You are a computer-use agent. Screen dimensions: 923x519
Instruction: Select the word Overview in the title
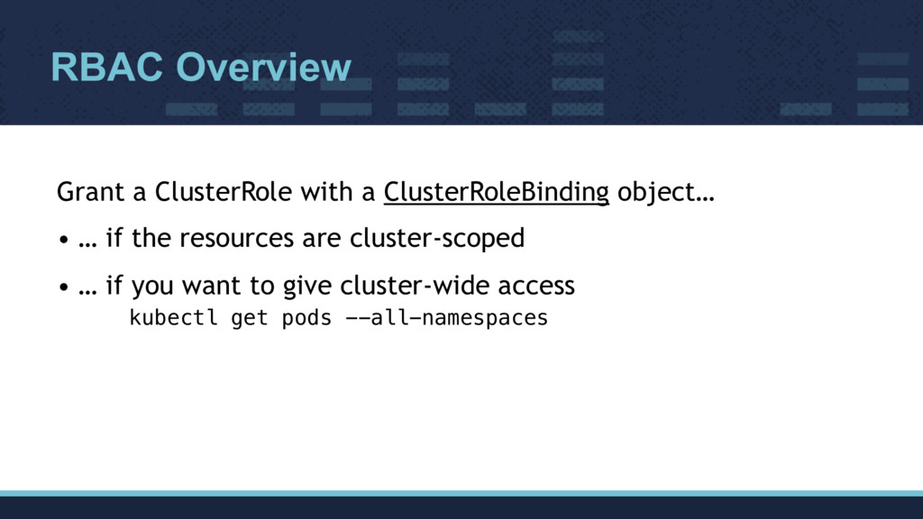point(263,68)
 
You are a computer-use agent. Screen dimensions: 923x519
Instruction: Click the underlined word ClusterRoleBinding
point(496,193)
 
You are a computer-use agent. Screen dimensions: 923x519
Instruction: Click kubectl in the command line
point(174,318)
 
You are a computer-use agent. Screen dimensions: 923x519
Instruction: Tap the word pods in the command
point(307,318)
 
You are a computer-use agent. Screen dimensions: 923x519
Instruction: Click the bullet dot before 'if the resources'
point(62,241)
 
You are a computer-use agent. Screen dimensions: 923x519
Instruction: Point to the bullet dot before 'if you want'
point(62,288)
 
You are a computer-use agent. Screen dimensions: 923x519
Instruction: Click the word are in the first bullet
point(320,240)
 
